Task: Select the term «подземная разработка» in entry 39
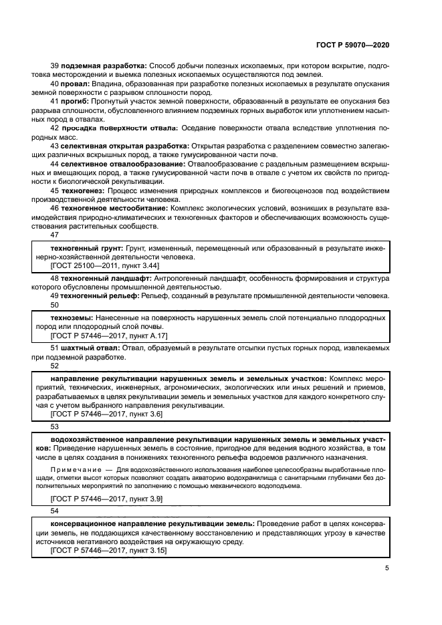point(104,66)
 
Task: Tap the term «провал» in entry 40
point(76,83)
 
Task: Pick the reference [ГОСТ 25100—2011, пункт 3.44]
point(106,265)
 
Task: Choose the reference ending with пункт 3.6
point(106,414)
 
